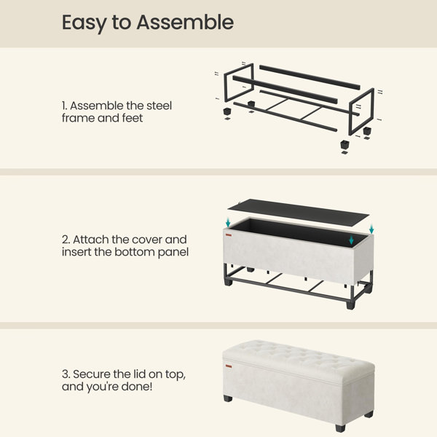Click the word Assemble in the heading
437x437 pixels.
[x=185, y=23]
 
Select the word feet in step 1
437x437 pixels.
[x=132, y=118]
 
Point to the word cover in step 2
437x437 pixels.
[x=147, y=240]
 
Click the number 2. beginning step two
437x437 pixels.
[x=66, y=240]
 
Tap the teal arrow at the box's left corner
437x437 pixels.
[x=228, y=222]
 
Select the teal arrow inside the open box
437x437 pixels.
[x=351, y=240]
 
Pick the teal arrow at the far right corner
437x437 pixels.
[x=371, y=229]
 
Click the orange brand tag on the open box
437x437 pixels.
[x=229, y=235]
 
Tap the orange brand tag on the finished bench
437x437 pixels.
[x=229, y=366]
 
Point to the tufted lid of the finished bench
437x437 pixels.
[x=298, y=358]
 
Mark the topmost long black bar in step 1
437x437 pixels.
[x=310, y=77]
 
